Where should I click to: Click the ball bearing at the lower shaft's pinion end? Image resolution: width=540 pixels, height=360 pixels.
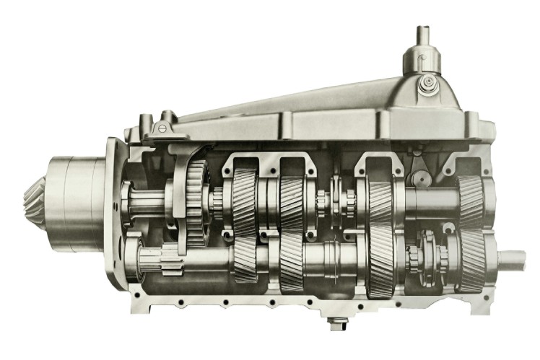coord(136,260)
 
